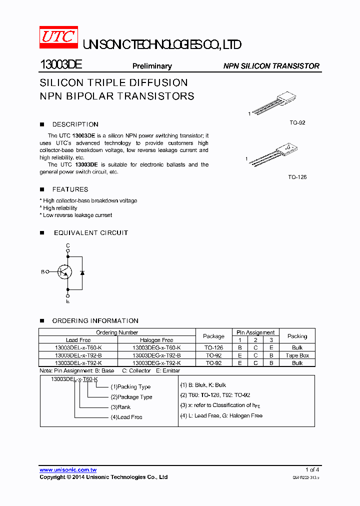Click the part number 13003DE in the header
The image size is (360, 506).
click(60, 65)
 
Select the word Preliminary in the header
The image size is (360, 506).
click(152, 66)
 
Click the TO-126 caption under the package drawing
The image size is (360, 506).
click(297, 177)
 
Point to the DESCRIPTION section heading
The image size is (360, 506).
click(75, 124)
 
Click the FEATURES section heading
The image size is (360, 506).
click(70, 189)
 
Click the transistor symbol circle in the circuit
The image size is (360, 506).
click(64, 272)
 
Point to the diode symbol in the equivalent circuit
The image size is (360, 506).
click(82, 272)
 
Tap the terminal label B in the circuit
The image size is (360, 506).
click(42, 272)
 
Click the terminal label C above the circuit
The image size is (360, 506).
click(68, 245)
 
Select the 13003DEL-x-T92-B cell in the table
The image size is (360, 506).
click(78, 355)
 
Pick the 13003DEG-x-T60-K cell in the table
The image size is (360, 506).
click(156, 347)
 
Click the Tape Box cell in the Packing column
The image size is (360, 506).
click(297, 355)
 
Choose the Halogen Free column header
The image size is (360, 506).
click(156, 340)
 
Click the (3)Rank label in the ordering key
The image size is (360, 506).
click(120, 407)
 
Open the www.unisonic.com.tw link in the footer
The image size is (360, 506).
click(68, 470)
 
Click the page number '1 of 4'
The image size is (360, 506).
click(312, 469)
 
